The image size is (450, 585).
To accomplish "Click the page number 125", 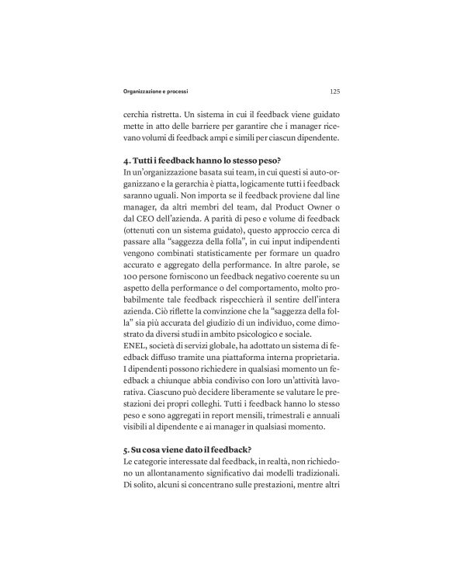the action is [x=334, y=91].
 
